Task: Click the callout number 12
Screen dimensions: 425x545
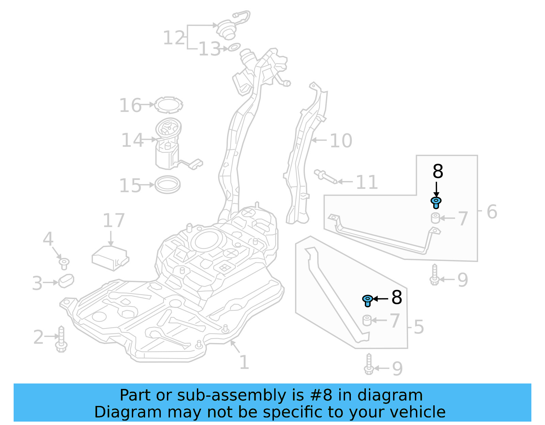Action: [x=174, y=37]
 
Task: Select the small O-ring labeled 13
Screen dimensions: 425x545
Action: [x=234, y=47]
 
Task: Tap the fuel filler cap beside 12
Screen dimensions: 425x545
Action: [x=226, y=29]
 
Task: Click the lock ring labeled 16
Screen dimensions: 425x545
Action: [x=168, y=105]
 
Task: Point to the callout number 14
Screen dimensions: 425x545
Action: [x=132, y=140]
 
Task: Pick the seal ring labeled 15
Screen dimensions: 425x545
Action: [x=167, y=185]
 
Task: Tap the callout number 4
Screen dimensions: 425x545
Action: [x=48, y=239]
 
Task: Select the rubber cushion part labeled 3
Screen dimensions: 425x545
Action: [x=66, y=280]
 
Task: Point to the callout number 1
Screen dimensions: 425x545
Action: [x=244, y=362]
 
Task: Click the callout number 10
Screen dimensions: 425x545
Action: [x=341, y=141]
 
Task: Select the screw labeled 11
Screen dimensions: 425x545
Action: [x=325, y=177]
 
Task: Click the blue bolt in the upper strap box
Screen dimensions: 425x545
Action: [x=436, y=202]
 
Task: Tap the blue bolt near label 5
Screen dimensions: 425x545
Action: [x=367, y=300]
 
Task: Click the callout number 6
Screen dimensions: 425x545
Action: [x=492, y=211]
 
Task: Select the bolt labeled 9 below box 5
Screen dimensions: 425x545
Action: [x=369, y=364]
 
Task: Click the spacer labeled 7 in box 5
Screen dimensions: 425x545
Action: [x=367, y=321]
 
